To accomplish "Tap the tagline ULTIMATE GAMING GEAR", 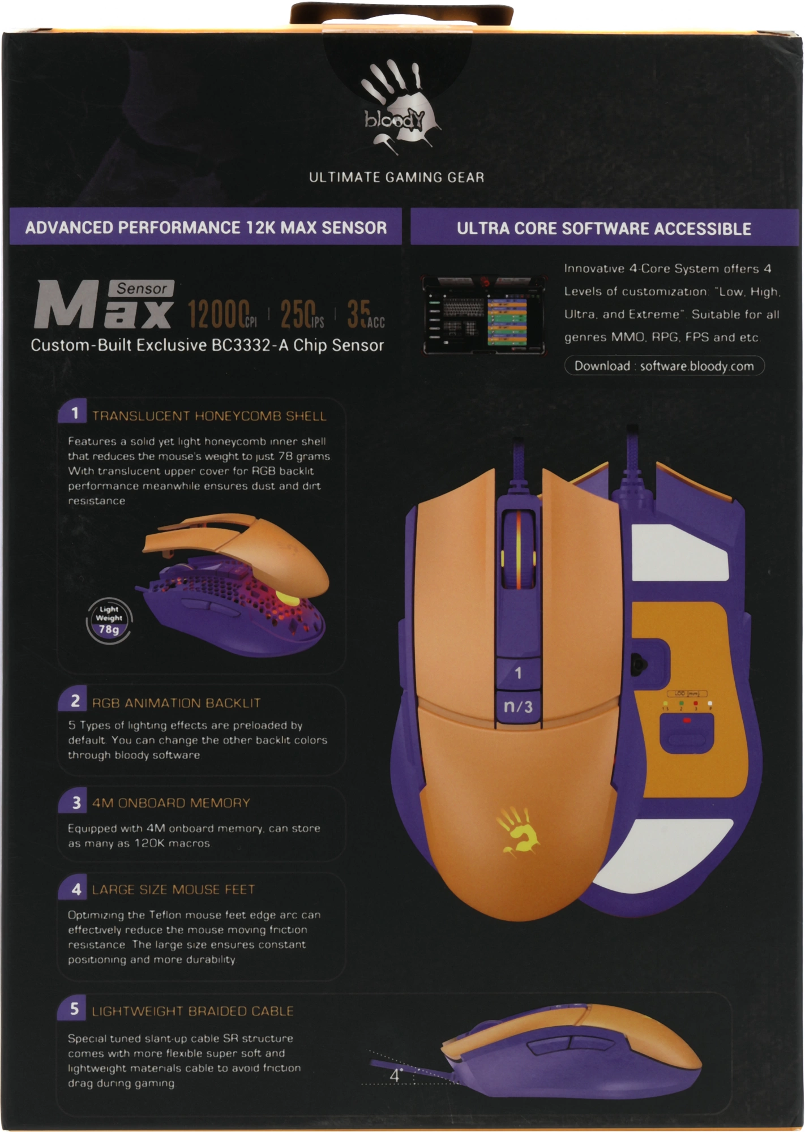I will click(396, 177).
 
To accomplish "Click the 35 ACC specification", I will click(365, 315).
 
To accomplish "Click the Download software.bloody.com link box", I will click(664, 366).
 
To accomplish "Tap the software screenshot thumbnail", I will click(483, 315).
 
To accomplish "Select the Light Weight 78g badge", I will click(109, 620).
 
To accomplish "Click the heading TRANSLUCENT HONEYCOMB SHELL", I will click(209, 416).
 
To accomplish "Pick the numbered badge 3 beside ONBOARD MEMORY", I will click(75, 802).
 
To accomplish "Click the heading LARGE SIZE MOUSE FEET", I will click(173, 890).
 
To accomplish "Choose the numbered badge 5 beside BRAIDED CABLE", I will click(74, 1009).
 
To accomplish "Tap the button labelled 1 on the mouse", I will click(518, 673).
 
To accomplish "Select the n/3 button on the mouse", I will click(518, 706).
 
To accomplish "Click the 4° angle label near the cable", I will click(396, 1075).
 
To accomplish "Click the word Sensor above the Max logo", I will click(142, 289).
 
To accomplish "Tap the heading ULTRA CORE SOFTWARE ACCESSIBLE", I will click(604, 229).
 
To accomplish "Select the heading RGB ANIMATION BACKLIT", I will click(176, 703).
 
